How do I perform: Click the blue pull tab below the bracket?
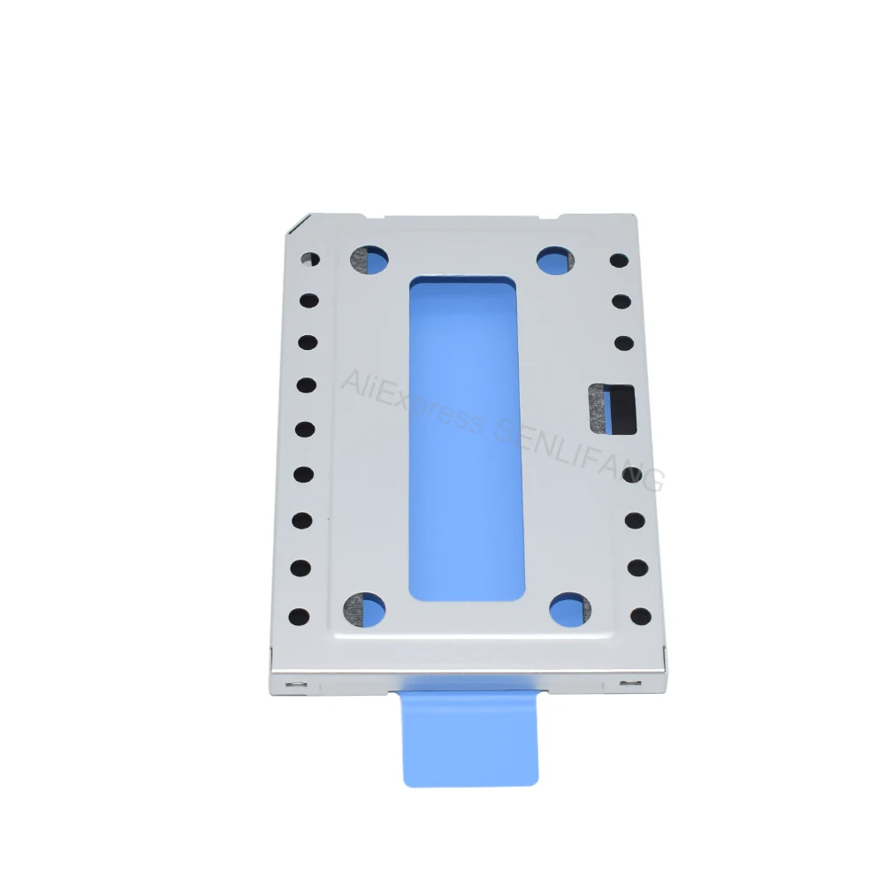(x=469, y=738)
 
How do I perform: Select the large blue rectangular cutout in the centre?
(x=466, y=438)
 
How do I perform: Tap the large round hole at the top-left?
(x=370, y=260)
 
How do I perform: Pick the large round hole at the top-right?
(x=555, y=261)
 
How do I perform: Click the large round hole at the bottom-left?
(x=364, y=610)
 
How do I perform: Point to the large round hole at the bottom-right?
(x=570, y=610)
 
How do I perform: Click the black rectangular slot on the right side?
(x=613, y=409)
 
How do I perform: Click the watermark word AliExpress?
(x=412, y=400)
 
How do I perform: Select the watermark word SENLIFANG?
(x=580, y=454)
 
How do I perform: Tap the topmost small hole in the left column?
(x=310, y=259)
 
